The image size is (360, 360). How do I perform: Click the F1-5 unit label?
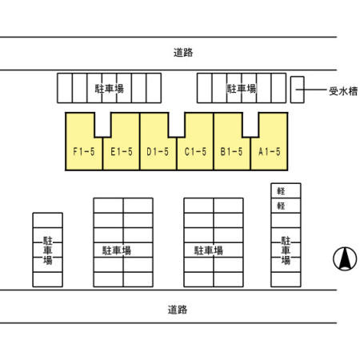coord(84,152)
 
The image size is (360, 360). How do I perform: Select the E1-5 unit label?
coord(122,152)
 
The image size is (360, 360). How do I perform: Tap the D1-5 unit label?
coord(158,152)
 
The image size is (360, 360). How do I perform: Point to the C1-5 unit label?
coord(195,152)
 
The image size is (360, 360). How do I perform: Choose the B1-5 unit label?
coord(231,152)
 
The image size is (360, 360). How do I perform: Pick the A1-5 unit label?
coord(270,152)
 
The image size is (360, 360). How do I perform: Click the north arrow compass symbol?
coord(345,258)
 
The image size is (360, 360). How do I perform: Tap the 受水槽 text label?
coord(343,91)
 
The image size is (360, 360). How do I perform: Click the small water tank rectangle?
coord(298,90)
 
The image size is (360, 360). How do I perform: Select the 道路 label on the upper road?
coord(183,53)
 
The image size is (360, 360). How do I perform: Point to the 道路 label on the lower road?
coord(178,310)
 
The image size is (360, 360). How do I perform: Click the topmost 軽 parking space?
coord(286,190)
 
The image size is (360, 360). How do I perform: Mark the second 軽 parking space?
coord(286,206)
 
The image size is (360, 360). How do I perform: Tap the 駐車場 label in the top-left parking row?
coord(110,89)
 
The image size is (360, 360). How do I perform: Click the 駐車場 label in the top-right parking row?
coord(242,89)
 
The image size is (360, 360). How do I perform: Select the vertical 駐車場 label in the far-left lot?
coord(48,250)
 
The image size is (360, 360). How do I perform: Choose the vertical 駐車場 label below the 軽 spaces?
coord(286,250)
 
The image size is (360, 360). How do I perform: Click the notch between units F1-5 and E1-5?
coord(102,125)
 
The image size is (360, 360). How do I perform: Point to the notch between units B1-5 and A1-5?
coord(250,125)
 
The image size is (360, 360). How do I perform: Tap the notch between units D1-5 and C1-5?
coord(177,125)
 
